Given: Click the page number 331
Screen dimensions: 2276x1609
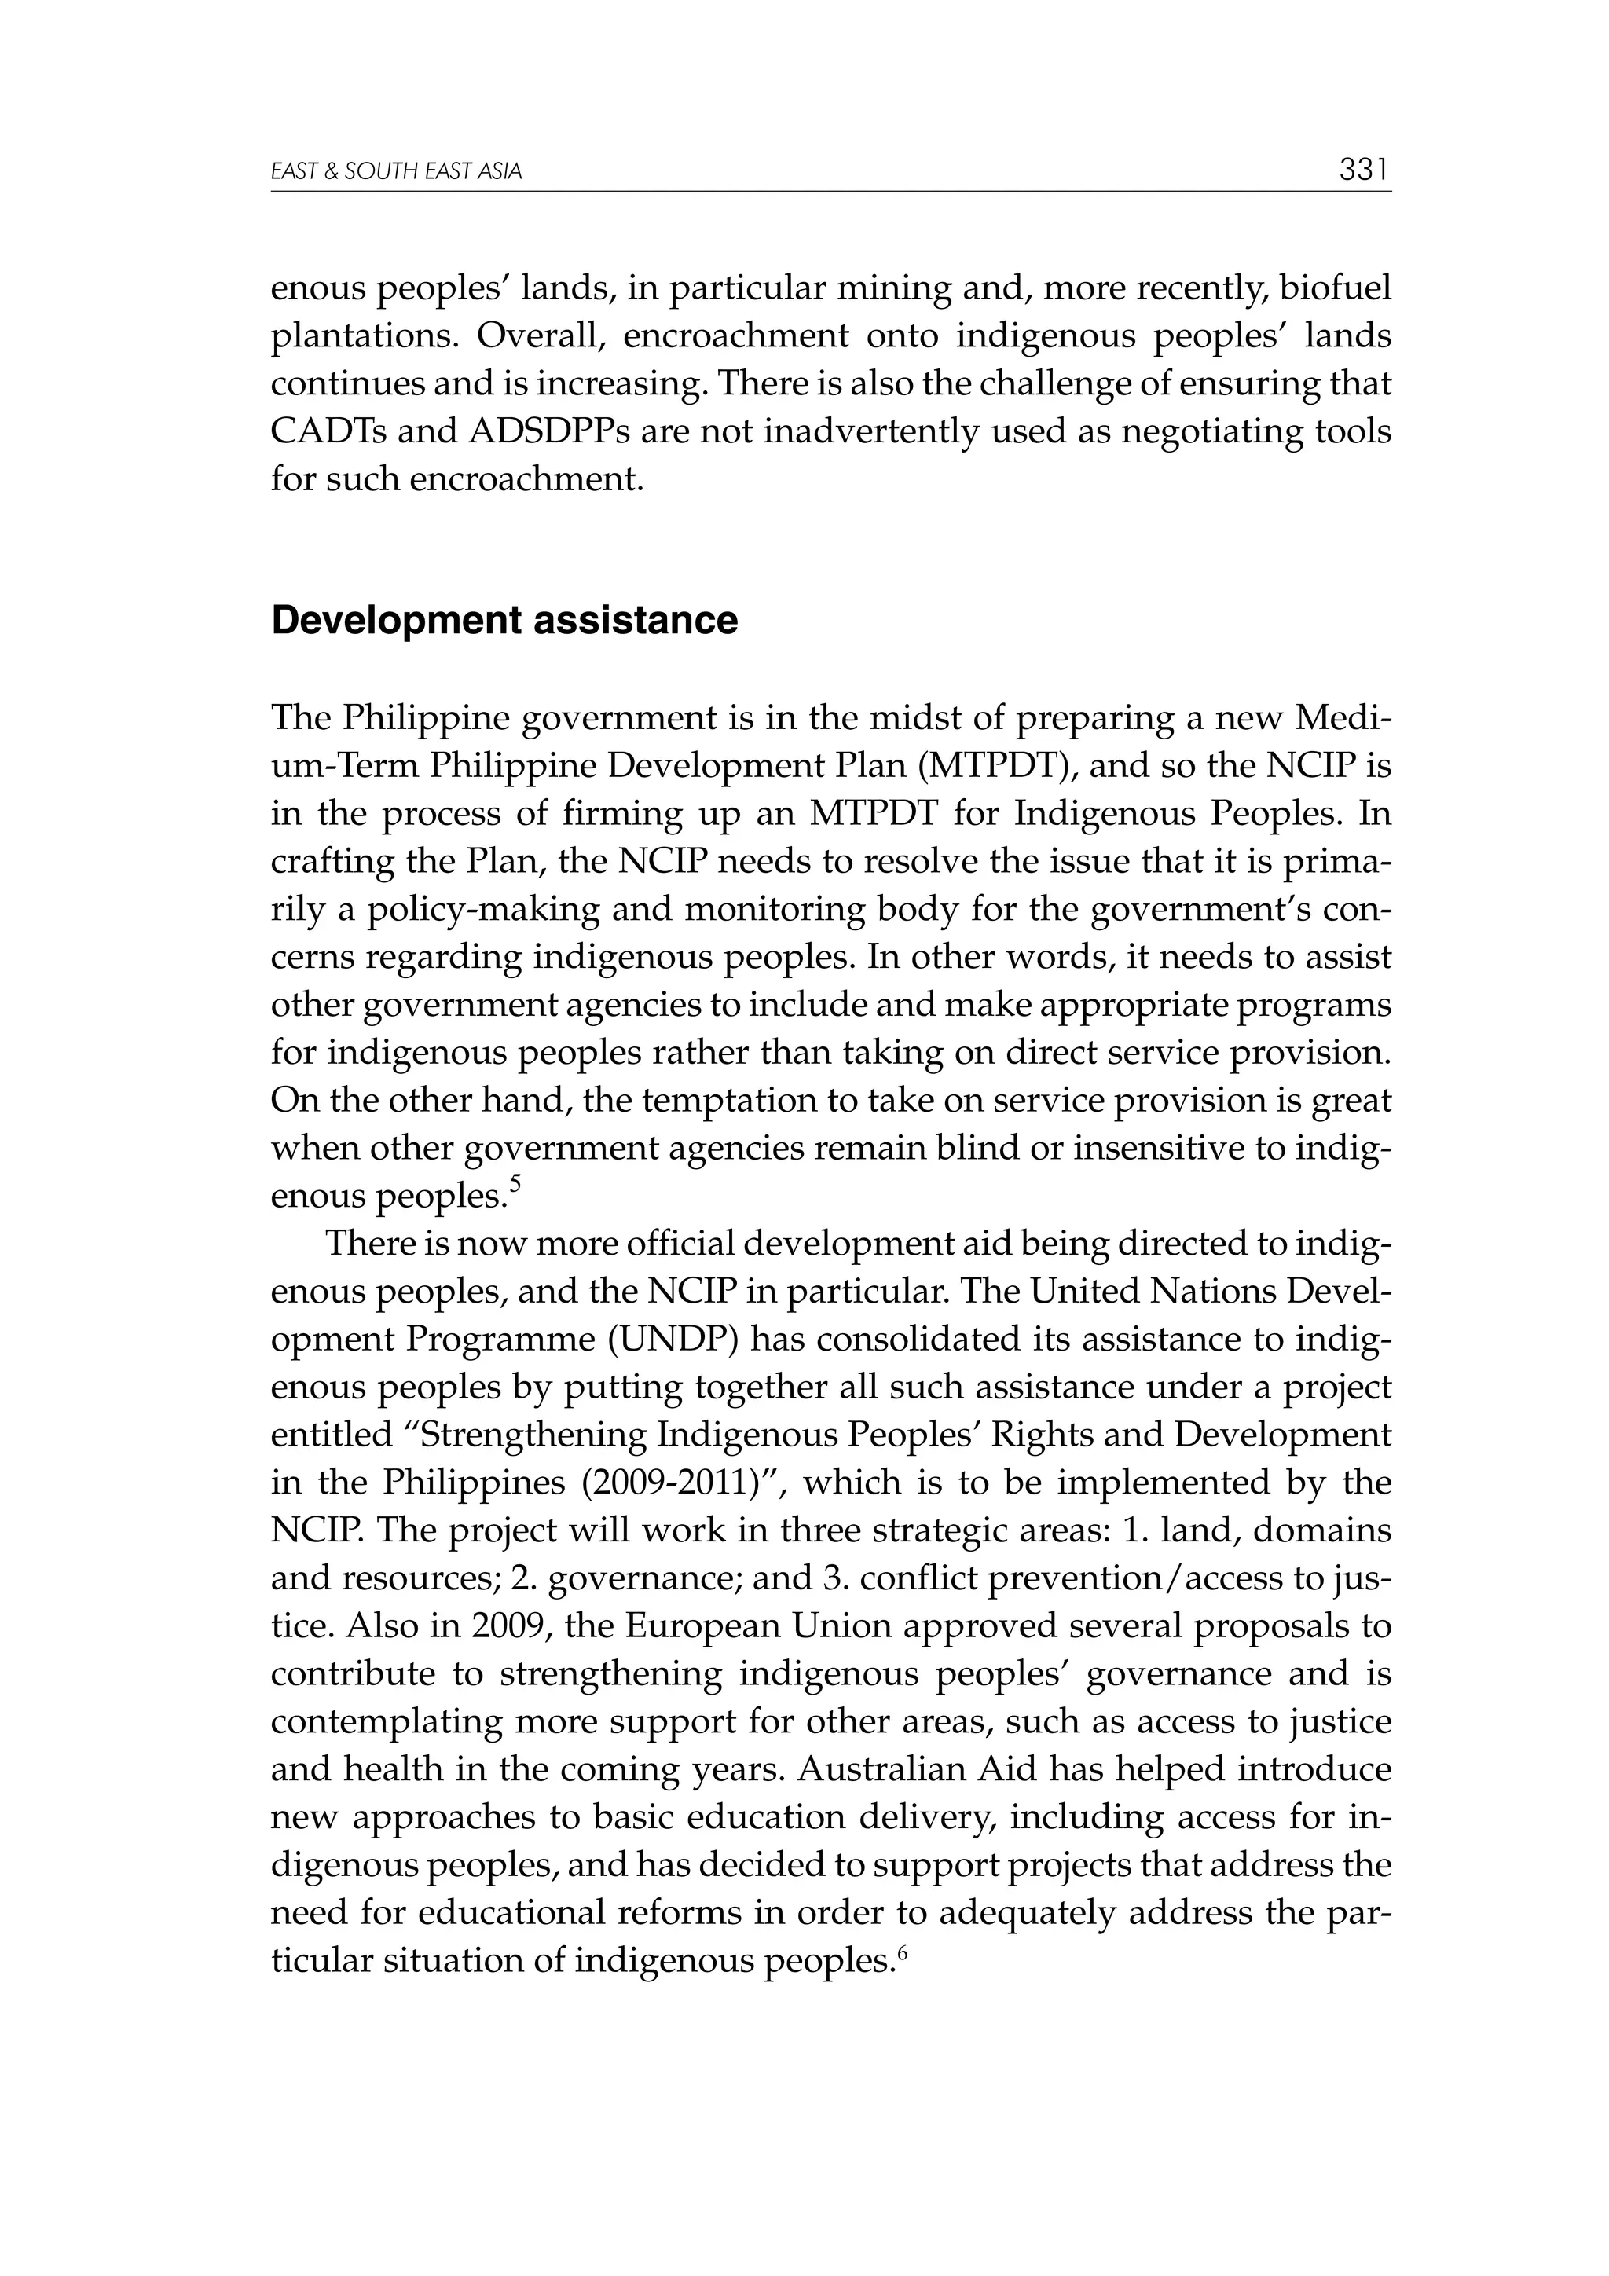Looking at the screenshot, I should pyautogui.click(x=1364, y=170).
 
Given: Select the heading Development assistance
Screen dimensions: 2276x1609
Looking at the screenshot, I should pyautogui.click(x=504, y=621).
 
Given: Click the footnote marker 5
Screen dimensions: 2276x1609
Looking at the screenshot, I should pyautogui.click(x=515, y=1182).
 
